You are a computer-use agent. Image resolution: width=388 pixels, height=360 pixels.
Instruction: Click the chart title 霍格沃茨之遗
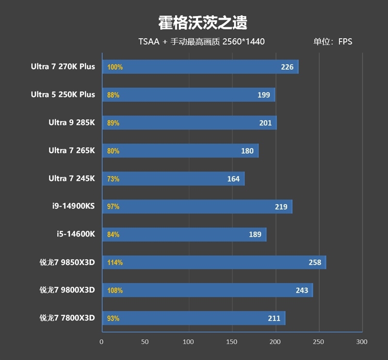(x=203, y=22)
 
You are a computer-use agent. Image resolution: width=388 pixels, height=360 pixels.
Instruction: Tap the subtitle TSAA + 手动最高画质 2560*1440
(x=201, y=42)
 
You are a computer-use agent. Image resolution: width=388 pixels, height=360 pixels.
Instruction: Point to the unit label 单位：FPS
(x=333, y=42)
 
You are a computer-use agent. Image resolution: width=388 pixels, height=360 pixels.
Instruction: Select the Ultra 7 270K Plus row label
(x=63, y=67)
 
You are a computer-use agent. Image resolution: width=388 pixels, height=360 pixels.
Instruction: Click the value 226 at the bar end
(x=287, y=67)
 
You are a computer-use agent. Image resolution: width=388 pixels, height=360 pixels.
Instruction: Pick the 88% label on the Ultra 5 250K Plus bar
(x=113, y=95)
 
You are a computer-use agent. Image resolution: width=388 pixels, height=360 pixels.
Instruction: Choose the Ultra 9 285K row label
(x=72, y=123)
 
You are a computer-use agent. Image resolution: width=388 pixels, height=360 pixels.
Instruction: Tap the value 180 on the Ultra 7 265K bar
(x=247, y=151)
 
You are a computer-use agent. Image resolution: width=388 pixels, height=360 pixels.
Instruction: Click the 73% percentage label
(x=113, y=179)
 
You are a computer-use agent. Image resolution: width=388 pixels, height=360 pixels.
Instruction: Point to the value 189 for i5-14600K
(x=255, y=235)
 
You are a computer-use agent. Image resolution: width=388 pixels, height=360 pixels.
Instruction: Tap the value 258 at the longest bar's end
(x=315, y=263)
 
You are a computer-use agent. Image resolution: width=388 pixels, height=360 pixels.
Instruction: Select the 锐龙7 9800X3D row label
(x=67, y=290)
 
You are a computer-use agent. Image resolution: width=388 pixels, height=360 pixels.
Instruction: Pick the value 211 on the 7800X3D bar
(x=274, y=318)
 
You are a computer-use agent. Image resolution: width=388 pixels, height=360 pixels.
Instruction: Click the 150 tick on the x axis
(x=232, y=342)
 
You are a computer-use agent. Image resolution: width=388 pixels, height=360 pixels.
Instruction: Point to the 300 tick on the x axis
(x=362, y=342)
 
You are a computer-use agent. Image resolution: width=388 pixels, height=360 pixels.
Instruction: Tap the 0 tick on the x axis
(x=101, y=342)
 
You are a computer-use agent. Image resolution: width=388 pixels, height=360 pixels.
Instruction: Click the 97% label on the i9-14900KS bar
(x=113, y=207)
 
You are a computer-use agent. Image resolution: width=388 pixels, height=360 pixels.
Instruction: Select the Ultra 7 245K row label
(x=72, y=179)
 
